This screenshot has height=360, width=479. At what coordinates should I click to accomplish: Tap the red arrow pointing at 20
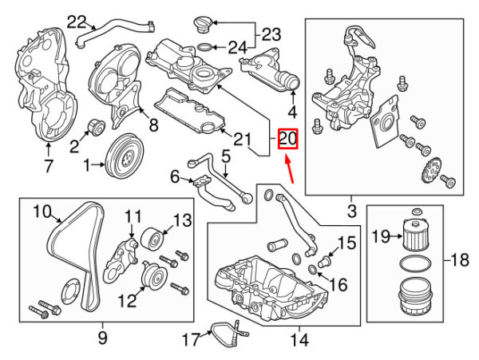tap(291, 169)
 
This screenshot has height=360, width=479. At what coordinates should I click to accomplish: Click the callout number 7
tap(48, 166)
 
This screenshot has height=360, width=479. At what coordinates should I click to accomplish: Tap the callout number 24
tap(237, 48)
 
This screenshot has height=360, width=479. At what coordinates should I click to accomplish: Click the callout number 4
tap(292, 112)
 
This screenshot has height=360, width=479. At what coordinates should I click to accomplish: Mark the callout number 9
tap(102, 338)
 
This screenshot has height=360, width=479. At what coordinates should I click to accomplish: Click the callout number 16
tap(338, 285)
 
